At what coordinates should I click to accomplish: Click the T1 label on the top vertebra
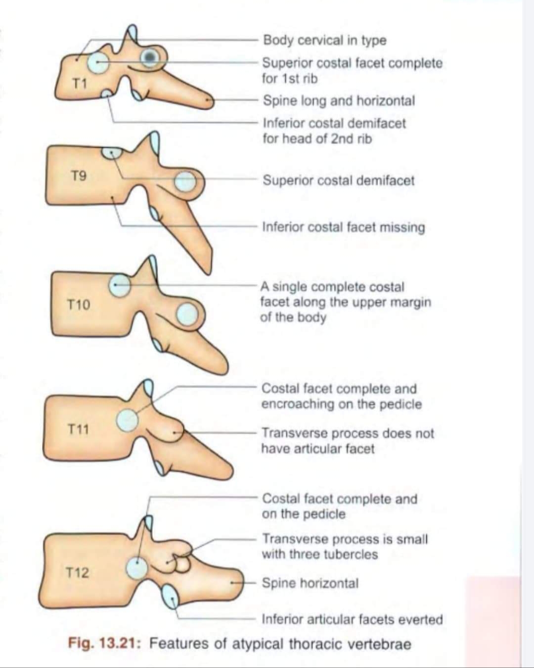pos(79,84)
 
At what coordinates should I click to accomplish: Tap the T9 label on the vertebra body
pos(79,176)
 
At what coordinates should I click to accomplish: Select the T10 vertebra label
pos(79,305)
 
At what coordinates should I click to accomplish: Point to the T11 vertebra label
pos(78,429)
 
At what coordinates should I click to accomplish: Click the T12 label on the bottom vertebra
pos(78,573)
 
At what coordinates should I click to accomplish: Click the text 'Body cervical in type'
pos(324,40)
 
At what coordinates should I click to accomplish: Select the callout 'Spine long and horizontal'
pos(339,101)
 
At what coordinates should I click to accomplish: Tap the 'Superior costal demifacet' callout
pos(339,180)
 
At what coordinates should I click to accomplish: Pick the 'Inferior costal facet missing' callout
pos(344,227)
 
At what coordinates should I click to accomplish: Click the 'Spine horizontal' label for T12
pos(310,583)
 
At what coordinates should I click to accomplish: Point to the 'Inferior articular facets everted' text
pos(352,620)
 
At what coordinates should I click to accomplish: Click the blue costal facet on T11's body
pos(128,419)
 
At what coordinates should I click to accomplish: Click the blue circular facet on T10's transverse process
pos(187,314)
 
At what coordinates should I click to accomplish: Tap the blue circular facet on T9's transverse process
pos(185,181)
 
